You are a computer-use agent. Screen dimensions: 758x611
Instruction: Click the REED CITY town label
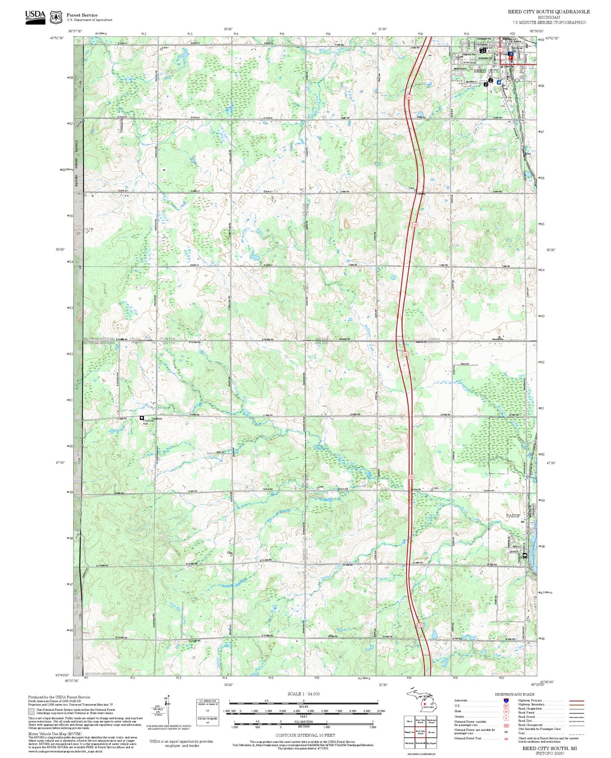tap(486, 71)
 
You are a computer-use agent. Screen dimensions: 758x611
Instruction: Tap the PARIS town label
tap(513, 515)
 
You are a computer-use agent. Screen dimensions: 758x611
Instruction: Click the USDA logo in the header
tap(35, 16)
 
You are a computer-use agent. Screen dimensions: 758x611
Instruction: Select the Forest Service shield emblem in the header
tap(56, 17)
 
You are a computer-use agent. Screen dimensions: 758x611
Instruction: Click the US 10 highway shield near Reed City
tap(500, 50)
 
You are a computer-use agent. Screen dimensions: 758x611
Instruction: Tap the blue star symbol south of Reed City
tap(499, 83)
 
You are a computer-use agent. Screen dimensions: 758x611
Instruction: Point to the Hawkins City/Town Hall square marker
tap(142, 418)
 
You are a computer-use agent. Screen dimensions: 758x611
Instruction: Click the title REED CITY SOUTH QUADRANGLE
tap(548, 11)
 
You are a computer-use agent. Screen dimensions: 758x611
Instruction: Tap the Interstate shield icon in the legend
tap(506, 701)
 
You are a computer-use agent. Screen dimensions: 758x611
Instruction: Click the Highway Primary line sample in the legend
tap(577, 701)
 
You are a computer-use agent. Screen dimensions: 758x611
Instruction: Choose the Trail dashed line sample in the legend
tap(577, 733)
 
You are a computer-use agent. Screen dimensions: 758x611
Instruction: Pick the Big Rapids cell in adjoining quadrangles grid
tap(431, 743)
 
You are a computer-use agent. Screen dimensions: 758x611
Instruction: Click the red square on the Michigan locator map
tap(424, 704)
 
